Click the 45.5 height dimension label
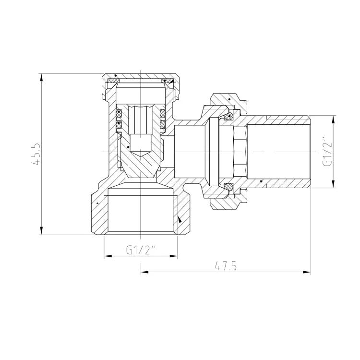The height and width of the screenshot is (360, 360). coord(36,154)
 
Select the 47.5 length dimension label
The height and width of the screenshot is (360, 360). coord(226,266)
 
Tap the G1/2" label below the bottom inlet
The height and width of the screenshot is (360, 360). coord(141,250)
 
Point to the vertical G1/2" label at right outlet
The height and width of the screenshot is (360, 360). coord(327,152)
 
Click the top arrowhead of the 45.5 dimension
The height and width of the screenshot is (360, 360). coord(41,77)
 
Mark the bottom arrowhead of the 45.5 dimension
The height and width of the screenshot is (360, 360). coord(41,231)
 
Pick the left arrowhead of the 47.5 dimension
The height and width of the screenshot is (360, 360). coord(144,272)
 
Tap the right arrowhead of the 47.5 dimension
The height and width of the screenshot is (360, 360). coord(307,272)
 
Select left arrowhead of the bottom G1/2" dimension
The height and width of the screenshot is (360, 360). coord(108,256)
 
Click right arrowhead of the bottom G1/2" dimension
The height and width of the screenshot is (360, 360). coord(174,256)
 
